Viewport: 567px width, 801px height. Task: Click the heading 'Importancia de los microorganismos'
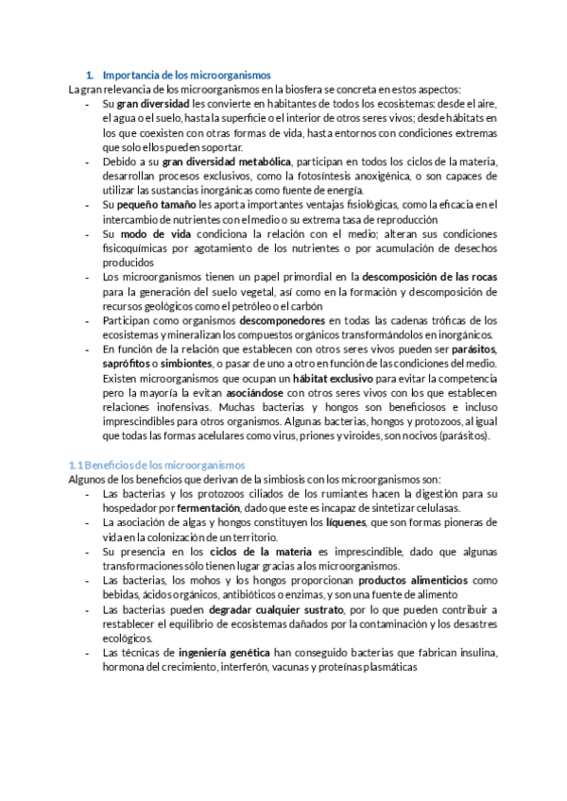coord(185,75)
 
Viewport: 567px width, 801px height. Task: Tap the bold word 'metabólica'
coord(266,162)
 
